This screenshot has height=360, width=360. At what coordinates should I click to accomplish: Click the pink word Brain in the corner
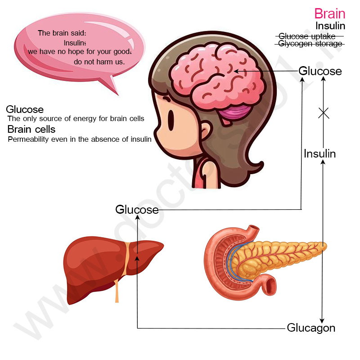pyautogui.click(x=330, y=13)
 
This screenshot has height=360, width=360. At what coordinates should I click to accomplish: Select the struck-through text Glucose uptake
pyautogui.click(x=307, y=36)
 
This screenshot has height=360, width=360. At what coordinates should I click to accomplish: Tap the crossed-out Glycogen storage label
pyautogui.click(x=310, y=43)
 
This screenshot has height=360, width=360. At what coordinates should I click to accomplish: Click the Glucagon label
pyautogui.click(x=311, y=328)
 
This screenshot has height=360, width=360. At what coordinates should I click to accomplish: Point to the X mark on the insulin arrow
pyautogui.click(x=324, y=113)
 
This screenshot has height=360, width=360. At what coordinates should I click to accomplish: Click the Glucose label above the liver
pyautogui.click(x=137, y=209)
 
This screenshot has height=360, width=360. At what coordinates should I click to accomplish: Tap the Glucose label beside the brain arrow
pyautogui.click(x=320, y=71)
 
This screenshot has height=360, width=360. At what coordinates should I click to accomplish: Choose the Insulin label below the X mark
pyautogui.click(x=319, y=153)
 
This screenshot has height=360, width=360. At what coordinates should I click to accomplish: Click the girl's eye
pyautogui.click(x=171, y=120)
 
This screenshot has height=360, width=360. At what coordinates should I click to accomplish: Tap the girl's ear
pyautogui.click(x=206, y=131)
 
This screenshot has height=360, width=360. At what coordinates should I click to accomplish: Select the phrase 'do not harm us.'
pyautogui.click(x=99, y=62)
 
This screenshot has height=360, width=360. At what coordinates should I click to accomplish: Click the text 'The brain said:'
pyautogui.click(x=62, y=33)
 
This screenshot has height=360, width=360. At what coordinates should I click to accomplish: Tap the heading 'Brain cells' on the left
pyautogui.click(x=31, y=129)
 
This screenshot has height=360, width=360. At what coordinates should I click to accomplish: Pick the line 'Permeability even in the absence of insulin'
pyautogui.click(x=80, y=139)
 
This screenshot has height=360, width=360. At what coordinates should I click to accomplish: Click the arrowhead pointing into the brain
pyautogui.click(x=236, y=71)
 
